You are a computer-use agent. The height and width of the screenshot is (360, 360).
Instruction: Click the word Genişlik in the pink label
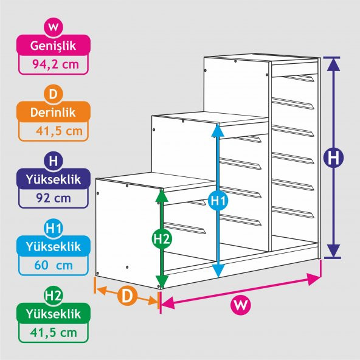pyautogui.click(x=53, y=46)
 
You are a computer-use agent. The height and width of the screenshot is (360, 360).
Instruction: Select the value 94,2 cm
pyautogui.click(x=55, y=64)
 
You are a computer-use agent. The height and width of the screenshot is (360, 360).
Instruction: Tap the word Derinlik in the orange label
pyautogui.click(x=53, y=112)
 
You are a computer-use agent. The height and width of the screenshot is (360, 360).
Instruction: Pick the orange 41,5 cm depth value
pyautogui.click(x=59, y=131)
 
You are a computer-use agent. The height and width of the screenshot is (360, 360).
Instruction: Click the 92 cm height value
pyautogui.click(x=54, y=198)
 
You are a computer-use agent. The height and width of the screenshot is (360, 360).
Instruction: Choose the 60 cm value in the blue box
pyautogui.click(x=54, y=265)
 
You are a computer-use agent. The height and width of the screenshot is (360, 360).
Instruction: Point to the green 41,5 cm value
pyautogui.click(x=54, y=332)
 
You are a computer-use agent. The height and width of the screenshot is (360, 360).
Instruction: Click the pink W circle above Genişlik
pyautogui.click(x=54, y=27)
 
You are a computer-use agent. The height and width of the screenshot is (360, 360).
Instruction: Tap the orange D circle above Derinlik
pyautogui.click(x=54, y=94)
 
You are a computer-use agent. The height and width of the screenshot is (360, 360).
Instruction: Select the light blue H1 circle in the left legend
pyautogui.click(x=54, y=228)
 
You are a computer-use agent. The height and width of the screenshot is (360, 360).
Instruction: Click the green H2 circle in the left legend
pyautogui.click(x=54, y=296)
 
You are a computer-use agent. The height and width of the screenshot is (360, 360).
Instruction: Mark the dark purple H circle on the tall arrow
pyautogui.click(x=333, y=158)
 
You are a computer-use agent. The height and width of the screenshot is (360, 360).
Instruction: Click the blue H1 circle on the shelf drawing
pyautogui.click(x=218, y=201)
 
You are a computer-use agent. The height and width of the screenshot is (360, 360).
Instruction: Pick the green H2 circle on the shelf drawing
pyautogui.click(x=162, y=239)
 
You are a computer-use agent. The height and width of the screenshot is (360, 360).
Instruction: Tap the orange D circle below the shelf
pyautogui.click(x=127, y=296)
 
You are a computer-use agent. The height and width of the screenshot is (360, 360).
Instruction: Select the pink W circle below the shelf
pyautogui.click(x=241, y=305)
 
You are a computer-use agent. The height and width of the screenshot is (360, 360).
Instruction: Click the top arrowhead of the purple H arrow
pyautogui.click(x=333, y=64)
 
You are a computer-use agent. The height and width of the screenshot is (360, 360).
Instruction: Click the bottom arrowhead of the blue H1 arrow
pyautogui.click(x=218, y=271)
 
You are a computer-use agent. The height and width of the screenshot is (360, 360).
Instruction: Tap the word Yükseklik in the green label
pyautogui.click(x=54, y=314)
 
